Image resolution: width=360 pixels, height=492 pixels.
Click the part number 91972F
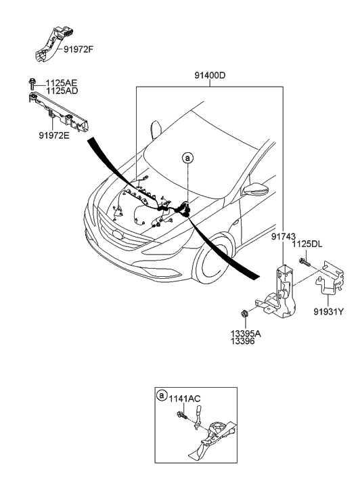78,49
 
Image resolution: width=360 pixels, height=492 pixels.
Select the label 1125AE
62,83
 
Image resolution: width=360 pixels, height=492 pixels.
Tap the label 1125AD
62,91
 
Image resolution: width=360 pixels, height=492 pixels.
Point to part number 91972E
54,135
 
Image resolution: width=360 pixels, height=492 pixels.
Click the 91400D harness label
210,76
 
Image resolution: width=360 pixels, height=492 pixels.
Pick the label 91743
284,237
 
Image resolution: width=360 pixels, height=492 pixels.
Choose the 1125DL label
307,244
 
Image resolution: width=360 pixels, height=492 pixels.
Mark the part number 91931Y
329,311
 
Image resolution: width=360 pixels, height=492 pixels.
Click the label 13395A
246,334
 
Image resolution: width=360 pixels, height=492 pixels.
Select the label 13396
243,341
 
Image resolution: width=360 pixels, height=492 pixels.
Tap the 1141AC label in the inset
185,399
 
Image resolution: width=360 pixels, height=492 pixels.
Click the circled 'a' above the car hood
187,158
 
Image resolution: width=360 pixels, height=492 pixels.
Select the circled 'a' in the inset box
162,396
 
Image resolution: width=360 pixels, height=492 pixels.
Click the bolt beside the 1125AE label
31,83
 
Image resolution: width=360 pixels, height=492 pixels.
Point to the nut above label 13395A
243,313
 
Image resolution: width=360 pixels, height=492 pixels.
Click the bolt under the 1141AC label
182,416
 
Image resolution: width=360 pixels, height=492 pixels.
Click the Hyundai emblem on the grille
118,235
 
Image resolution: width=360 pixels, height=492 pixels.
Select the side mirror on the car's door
256,189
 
